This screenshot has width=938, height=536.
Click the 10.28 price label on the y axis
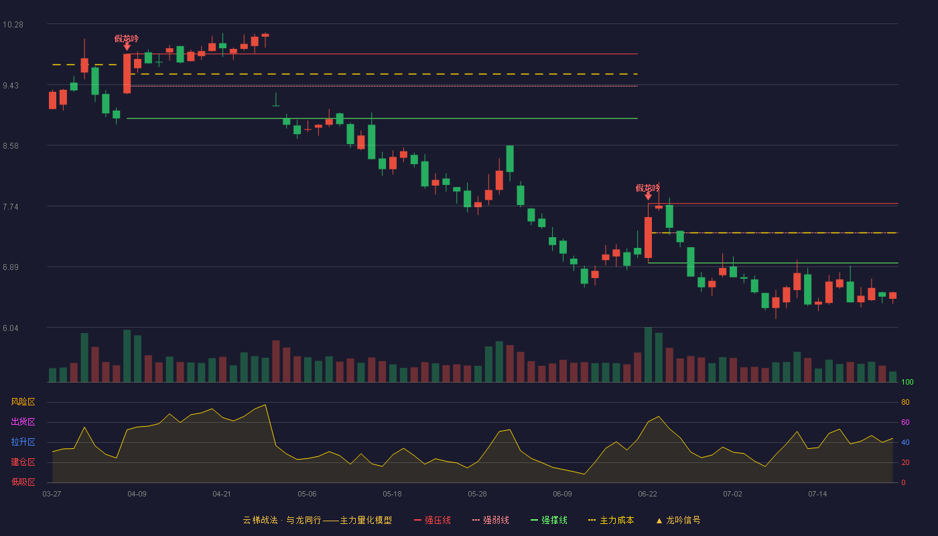[x=13, y=25]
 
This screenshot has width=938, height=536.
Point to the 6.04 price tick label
[x=11, y=328]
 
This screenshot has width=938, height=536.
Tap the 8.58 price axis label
[x=11, y=146]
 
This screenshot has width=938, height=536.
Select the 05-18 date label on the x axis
[x=392, y=494]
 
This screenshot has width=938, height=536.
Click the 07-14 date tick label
[x=817, y=494]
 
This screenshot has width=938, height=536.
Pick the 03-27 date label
[x=52, y=494]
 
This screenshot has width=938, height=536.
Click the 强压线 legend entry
[x=432, y=520]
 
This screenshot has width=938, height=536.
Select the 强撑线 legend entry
[x=549, y=520]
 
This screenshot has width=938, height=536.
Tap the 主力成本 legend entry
[x=611, y=520]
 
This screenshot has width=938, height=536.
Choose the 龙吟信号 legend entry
[x=678, y=520]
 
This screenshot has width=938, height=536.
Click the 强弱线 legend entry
[x=490, y=520]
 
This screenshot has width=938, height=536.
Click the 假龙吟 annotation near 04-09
[x=127, y=39]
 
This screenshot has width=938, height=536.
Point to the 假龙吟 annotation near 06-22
[x=647, y=188]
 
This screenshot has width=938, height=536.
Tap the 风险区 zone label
[x=23, y=402]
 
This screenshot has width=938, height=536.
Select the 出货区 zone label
[x=23, y=421]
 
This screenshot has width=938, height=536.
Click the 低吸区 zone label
[x=23, y=482]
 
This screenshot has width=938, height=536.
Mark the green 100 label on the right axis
[x=907, y=382]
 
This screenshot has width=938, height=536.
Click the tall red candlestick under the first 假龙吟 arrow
[x=127, y=73]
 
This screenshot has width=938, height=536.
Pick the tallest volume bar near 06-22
[x=649, y=354]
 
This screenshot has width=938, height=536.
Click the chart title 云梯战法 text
[x=260, y=520]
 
